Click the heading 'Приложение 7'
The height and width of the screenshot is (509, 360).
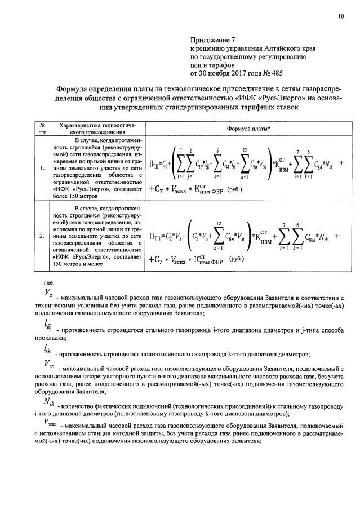(x=214, y=41)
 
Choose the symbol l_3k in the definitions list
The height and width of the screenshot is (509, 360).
(x=48, y=352)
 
